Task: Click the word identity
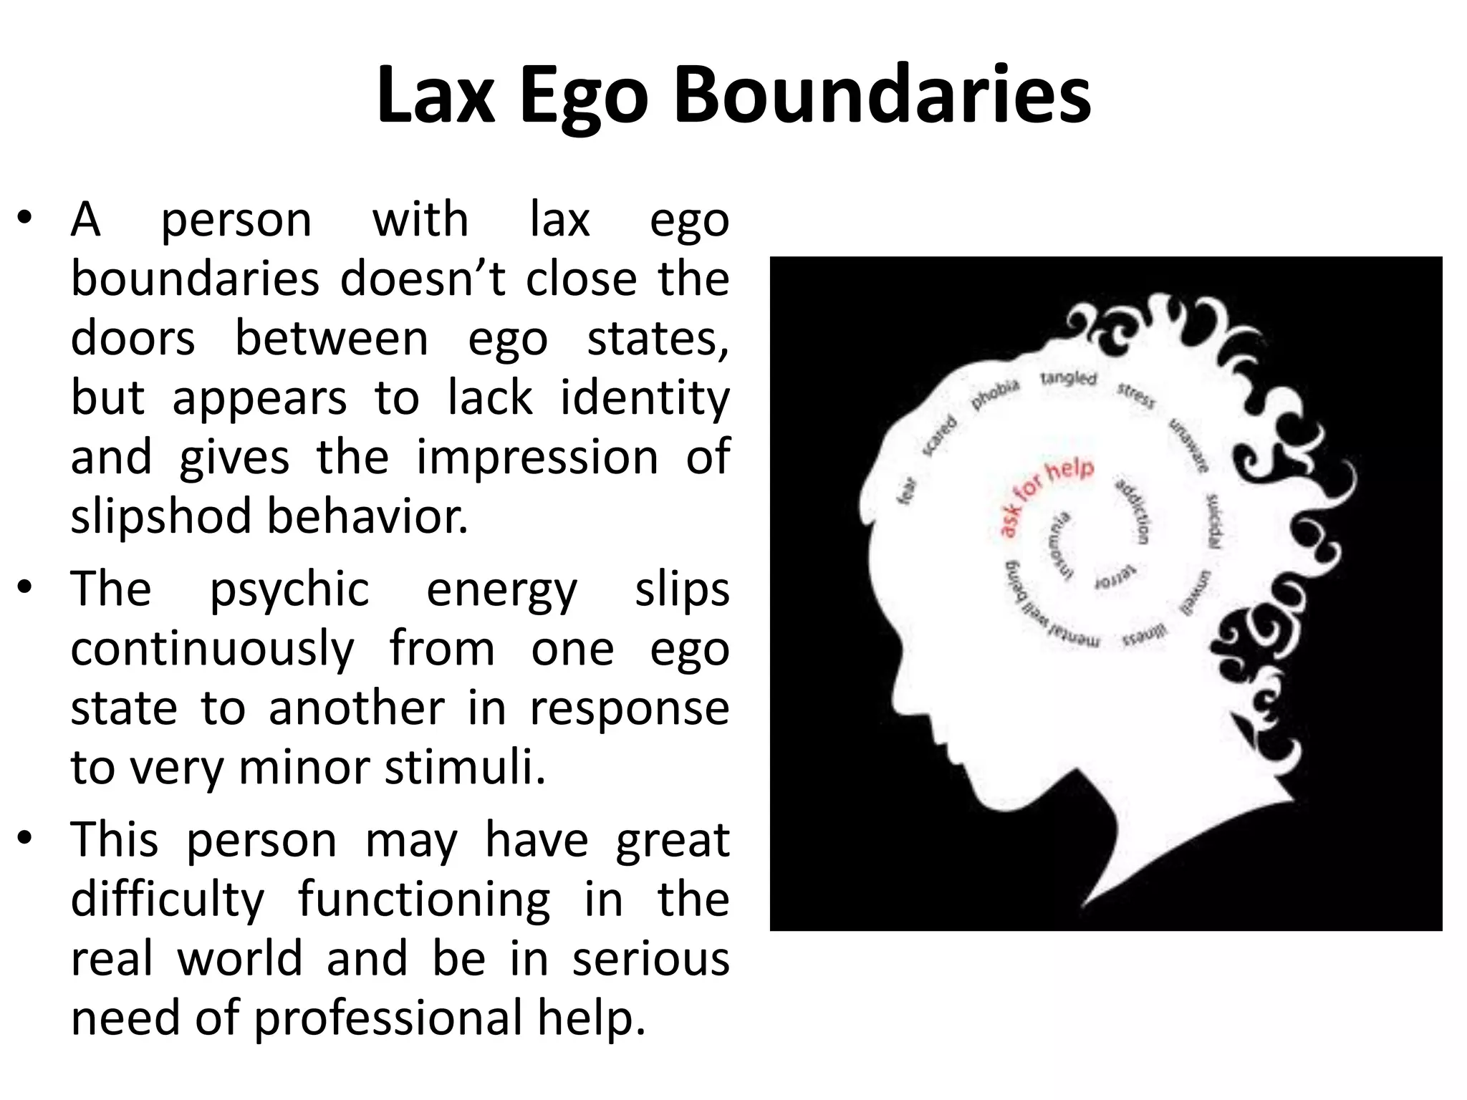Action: point(644,398)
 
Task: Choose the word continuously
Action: point(212,650)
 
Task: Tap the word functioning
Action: point(424,899)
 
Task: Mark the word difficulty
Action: point(168,900)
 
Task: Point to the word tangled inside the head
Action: point(1068,377)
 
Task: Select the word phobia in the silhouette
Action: point(995,395)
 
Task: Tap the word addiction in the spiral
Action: point(1133,511)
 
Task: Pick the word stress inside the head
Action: point(1136,396)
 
